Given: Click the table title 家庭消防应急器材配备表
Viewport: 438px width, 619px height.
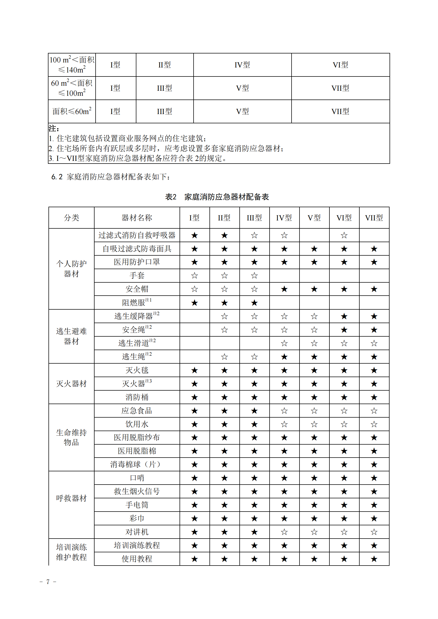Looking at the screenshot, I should [x=227, y=197].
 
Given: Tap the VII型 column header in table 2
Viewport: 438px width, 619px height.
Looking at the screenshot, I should [x=374, y=218].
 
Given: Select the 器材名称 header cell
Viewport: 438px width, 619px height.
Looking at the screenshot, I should [x=137, y=218].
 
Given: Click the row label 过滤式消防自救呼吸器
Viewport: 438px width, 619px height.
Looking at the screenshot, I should [x=137, y=235].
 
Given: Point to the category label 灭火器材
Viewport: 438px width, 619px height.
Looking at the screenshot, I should [x=71, y=384].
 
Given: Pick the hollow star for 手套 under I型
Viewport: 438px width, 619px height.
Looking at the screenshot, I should [x=194, y=275].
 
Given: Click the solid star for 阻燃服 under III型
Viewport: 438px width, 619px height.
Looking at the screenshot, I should [x=254, y=303].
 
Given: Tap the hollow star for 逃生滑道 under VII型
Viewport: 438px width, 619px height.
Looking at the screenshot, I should [x=374, y=343].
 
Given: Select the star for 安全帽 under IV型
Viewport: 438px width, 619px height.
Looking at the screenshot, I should [x=284, y=289].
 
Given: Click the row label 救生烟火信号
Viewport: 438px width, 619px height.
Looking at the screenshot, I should [x=137, y=491].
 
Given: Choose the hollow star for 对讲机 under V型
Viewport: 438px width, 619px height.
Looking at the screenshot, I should [x=314, y=532].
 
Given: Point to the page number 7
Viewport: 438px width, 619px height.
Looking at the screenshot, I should [x=48, y=582].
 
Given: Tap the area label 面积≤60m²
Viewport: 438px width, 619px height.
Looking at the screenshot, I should [x=72, y=111].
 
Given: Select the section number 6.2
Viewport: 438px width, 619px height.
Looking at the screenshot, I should [x=57, y=177].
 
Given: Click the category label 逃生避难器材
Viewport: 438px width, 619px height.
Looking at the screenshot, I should [x=71, y=336].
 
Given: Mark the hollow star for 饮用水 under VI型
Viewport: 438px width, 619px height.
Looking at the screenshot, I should [x=344, y=424].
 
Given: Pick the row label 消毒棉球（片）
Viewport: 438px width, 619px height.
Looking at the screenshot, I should [x=137, y=464].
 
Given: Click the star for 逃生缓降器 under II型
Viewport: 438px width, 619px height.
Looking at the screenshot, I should [x=224, y=316].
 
